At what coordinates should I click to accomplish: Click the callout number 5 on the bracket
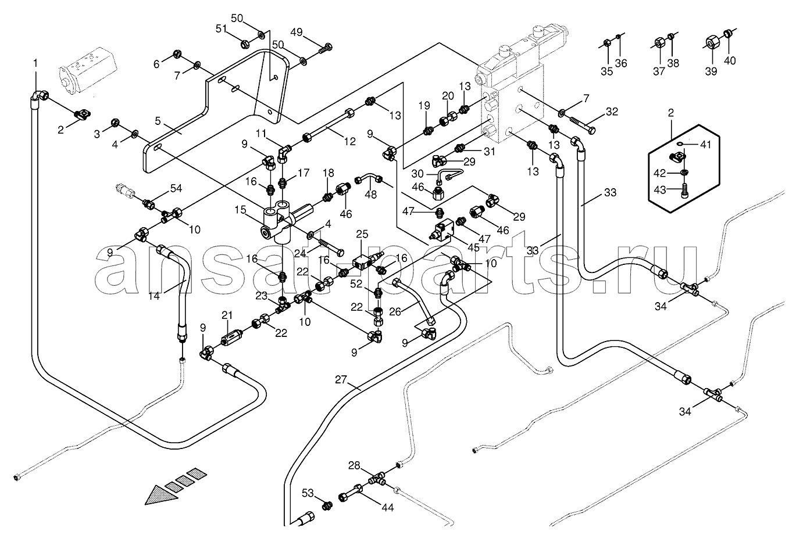tap(158, 121)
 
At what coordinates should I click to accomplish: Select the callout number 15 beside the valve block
tap(240, 210)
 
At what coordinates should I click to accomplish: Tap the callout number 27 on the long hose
tap(340, 380)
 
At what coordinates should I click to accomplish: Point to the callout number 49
tap(297, 33)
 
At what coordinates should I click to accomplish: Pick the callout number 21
tap(227, 315)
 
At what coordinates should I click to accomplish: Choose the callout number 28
tap(354, 465)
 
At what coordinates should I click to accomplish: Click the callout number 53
tap(308, 493)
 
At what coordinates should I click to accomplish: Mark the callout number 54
tap(176, 188)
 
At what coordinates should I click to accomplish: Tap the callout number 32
tap(612, 112)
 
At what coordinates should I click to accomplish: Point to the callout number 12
tap(349, 141)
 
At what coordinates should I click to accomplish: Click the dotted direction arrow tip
tap(146, 504)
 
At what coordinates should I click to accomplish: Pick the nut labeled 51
tap(245, 44)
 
